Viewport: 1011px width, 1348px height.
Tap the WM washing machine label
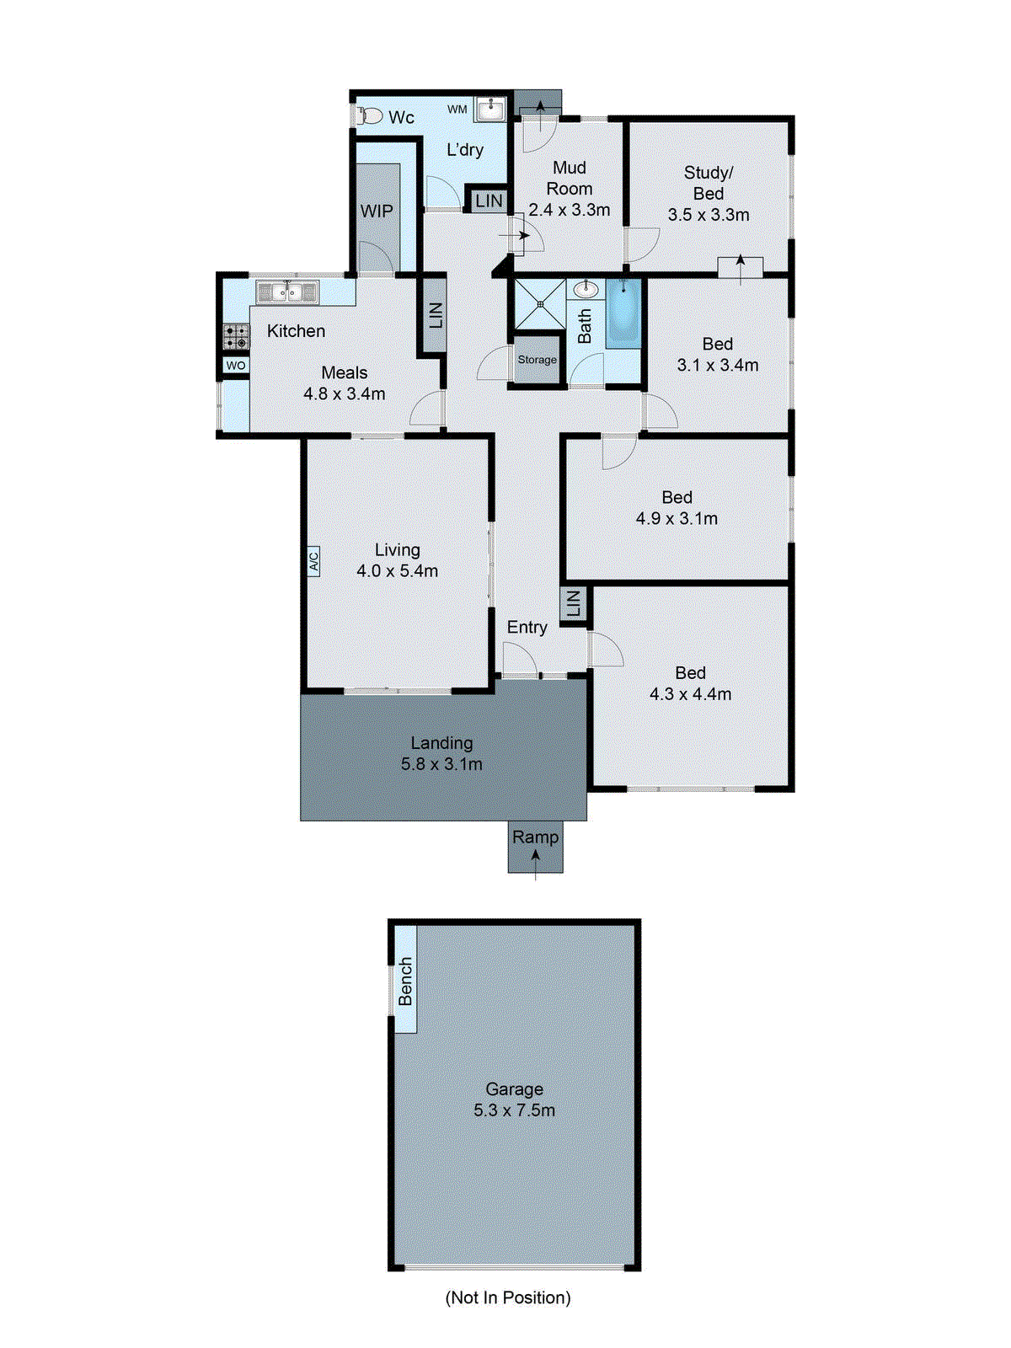457,110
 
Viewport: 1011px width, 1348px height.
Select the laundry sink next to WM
490,110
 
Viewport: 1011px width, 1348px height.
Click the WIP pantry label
377,211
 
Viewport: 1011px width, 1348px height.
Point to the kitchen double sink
287,292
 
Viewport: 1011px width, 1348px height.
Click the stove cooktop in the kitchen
237,337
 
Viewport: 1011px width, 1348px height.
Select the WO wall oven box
236,366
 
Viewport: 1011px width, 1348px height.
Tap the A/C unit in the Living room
313,560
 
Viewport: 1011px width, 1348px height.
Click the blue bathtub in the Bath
623,314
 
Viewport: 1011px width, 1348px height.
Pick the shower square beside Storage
540,304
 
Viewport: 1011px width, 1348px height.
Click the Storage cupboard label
538,360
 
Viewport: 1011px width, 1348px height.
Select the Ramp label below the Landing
535,837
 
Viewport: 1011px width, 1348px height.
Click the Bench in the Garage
406,981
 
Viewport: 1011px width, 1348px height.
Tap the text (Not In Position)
508,1297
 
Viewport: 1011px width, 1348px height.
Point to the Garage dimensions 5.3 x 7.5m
514,1110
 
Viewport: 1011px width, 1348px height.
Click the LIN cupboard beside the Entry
573,603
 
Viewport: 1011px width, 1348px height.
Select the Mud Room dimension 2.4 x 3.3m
570,210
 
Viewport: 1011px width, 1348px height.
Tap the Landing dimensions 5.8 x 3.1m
441,764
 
